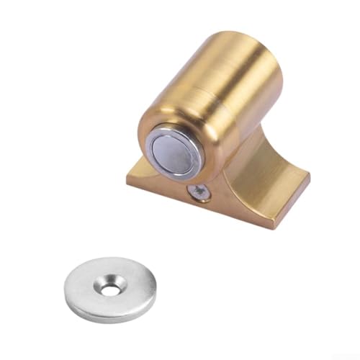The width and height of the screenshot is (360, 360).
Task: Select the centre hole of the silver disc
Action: click(x=109, y=289)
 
